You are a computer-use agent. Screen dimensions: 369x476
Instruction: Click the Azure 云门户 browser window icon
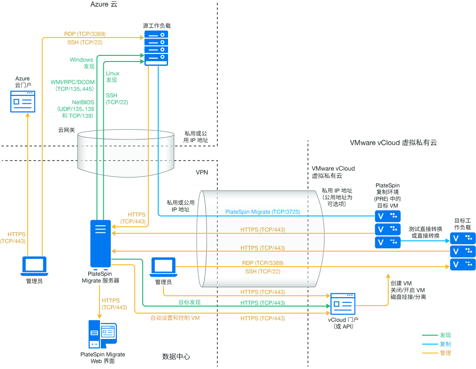pos(23,101)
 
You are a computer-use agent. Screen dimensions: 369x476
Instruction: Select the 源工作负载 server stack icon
pos(156,48)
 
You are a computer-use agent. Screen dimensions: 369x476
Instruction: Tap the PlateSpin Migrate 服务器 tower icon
pos(100,244)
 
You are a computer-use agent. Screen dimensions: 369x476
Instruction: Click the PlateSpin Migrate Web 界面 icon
pos(102,334)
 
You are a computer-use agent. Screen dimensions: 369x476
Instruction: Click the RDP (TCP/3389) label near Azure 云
pos(84,34)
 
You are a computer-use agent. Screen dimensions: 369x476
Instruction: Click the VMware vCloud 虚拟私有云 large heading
pos(393,143)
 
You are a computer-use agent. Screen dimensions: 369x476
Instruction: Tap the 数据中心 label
pos(176,357)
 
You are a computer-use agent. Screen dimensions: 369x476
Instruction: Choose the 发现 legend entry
pos(445,335)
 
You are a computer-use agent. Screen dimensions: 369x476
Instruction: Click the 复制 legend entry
pos(445,344)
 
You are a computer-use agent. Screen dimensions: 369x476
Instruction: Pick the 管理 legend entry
pos(445,353)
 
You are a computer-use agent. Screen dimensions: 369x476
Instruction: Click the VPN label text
pos(202,172)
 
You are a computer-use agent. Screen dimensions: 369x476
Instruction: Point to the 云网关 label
pos(66,130)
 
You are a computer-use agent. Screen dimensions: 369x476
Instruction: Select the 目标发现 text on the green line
pos(190,302)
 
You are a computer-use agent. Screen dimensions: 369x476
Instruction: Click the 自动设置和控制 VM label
pos(175,318)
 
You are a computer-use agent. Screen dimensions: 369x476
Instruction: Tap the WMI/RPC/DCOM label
pos(72,82)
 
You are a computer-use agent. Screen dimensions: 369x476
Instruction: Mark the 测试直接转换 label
pos(425,229)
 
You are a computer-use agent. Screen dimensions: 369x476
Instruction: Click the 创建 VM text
pos(401,284)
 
